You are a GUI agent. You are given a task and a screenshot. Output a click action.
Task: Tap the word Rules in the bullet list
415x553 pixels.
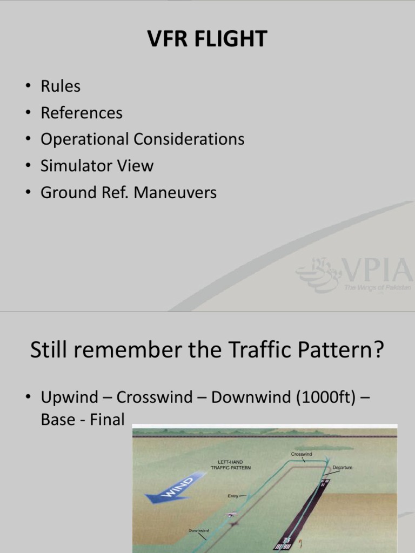pyautogui.click(x=61, y=86)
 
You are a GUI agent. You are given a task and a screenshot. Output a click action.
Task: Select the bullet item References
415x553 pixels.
pyautogui.click(x=82, y=113)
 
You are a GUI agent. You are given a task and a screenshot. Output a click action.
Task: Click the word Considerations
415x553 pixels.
pyautogui.click(x=189, y=139)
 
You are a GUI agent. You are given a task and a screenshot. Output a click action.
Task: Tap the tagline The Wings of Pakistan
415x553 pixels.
pyautogui.click(x=377, y=288)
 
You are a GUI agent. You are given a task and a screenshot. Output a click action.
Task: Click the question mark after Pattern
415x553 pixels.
pyautogui.click(x=378, y=350)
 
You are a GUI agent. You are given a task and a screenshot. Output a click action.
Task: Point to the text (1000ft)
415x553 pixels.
pyautogui.click(x=310, y=397)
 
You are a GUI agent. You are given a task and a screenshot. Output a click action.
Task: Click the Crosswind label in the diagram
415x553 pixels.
pyautogui.click(x=302, y=454)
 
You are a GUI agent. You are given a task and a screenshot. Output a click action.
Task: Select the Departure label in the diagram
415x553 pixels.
pyautogui.click(x=343, y=468)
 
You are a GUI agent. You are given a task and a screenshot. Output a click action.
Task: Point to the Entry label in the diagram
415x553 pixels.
pyautogui.click(x=233, y=495)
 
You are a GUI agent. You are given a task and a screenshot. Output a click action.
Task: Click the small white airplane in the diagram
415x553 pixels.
pyautogui.click(x=233, y=514)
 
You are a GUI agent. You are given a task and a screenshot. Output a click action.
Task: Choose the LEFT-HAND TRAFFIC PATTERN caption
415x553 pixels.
pyautogui.click(x=230, y=465)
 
